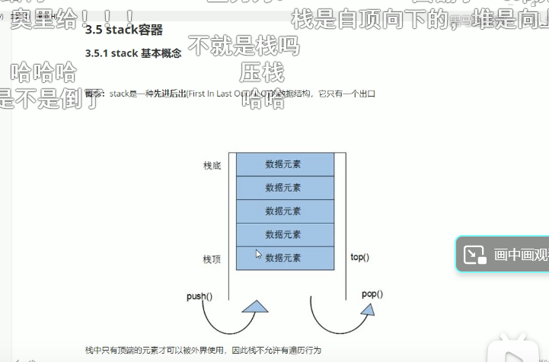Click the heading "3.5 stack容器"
123,30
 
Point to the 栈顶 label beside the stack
212,259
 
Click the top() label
359,257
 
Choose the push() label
199,296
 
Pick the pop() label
372,294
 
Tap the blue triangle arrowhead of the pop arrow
368,309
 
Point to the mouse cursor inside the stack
258,254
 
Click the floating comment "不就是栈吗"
243,47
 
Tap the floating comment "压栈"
261,74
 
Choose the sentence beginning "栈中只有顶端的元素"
203,351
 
